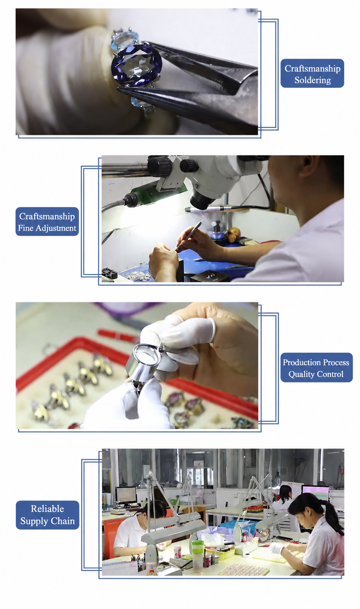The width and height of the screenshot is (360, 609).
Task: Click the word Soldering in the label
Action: (312, 80)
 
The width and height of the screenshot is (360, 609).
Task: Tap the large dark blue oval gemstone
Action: (137, 66)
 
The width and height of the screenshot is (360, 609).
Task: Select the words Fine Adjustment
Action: (47, 228)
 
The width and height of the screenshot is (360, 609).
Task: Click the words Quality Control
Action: (316, 374)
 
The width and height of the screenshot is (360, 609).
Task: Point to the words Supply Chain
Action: (47, 521)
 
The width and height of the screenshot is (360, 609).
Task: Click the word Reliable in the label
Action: (47, 509)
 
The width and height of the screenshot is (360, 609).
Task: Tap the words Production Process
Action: (316, 362)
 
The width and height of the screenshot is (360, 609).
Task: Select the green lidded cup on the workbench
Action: (198, 556)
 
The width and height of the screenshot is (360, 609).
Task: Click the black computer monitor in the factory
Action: (126, 495)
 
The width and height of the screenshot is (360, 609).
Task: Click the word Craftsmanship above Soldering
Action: (312, 69)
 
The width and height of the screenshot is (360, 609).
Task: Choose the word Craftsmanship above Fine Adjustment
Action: (47, 216)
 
